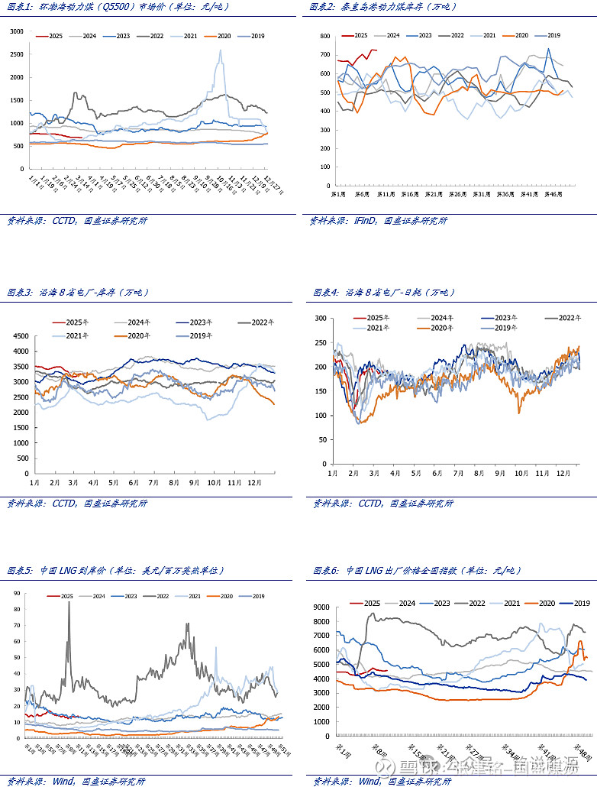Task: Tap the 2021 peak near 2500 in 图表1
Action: click(x=221, y=51)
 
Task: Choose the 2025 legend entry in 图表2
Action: click(x=356, y=36)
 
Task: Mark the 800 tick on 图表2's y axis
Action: click(x=324, y=37)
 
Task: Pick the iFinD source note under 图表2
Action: click(x=378, y=221)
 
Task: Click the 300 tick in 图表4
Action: click(x=320, y=318)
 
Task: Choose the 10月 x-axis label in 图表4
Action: click(x=521, y=474)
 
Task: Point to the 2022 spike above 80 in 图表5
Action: click(x=69, y=603)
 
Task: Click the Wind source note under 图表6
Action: click(x=382, y=781)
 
